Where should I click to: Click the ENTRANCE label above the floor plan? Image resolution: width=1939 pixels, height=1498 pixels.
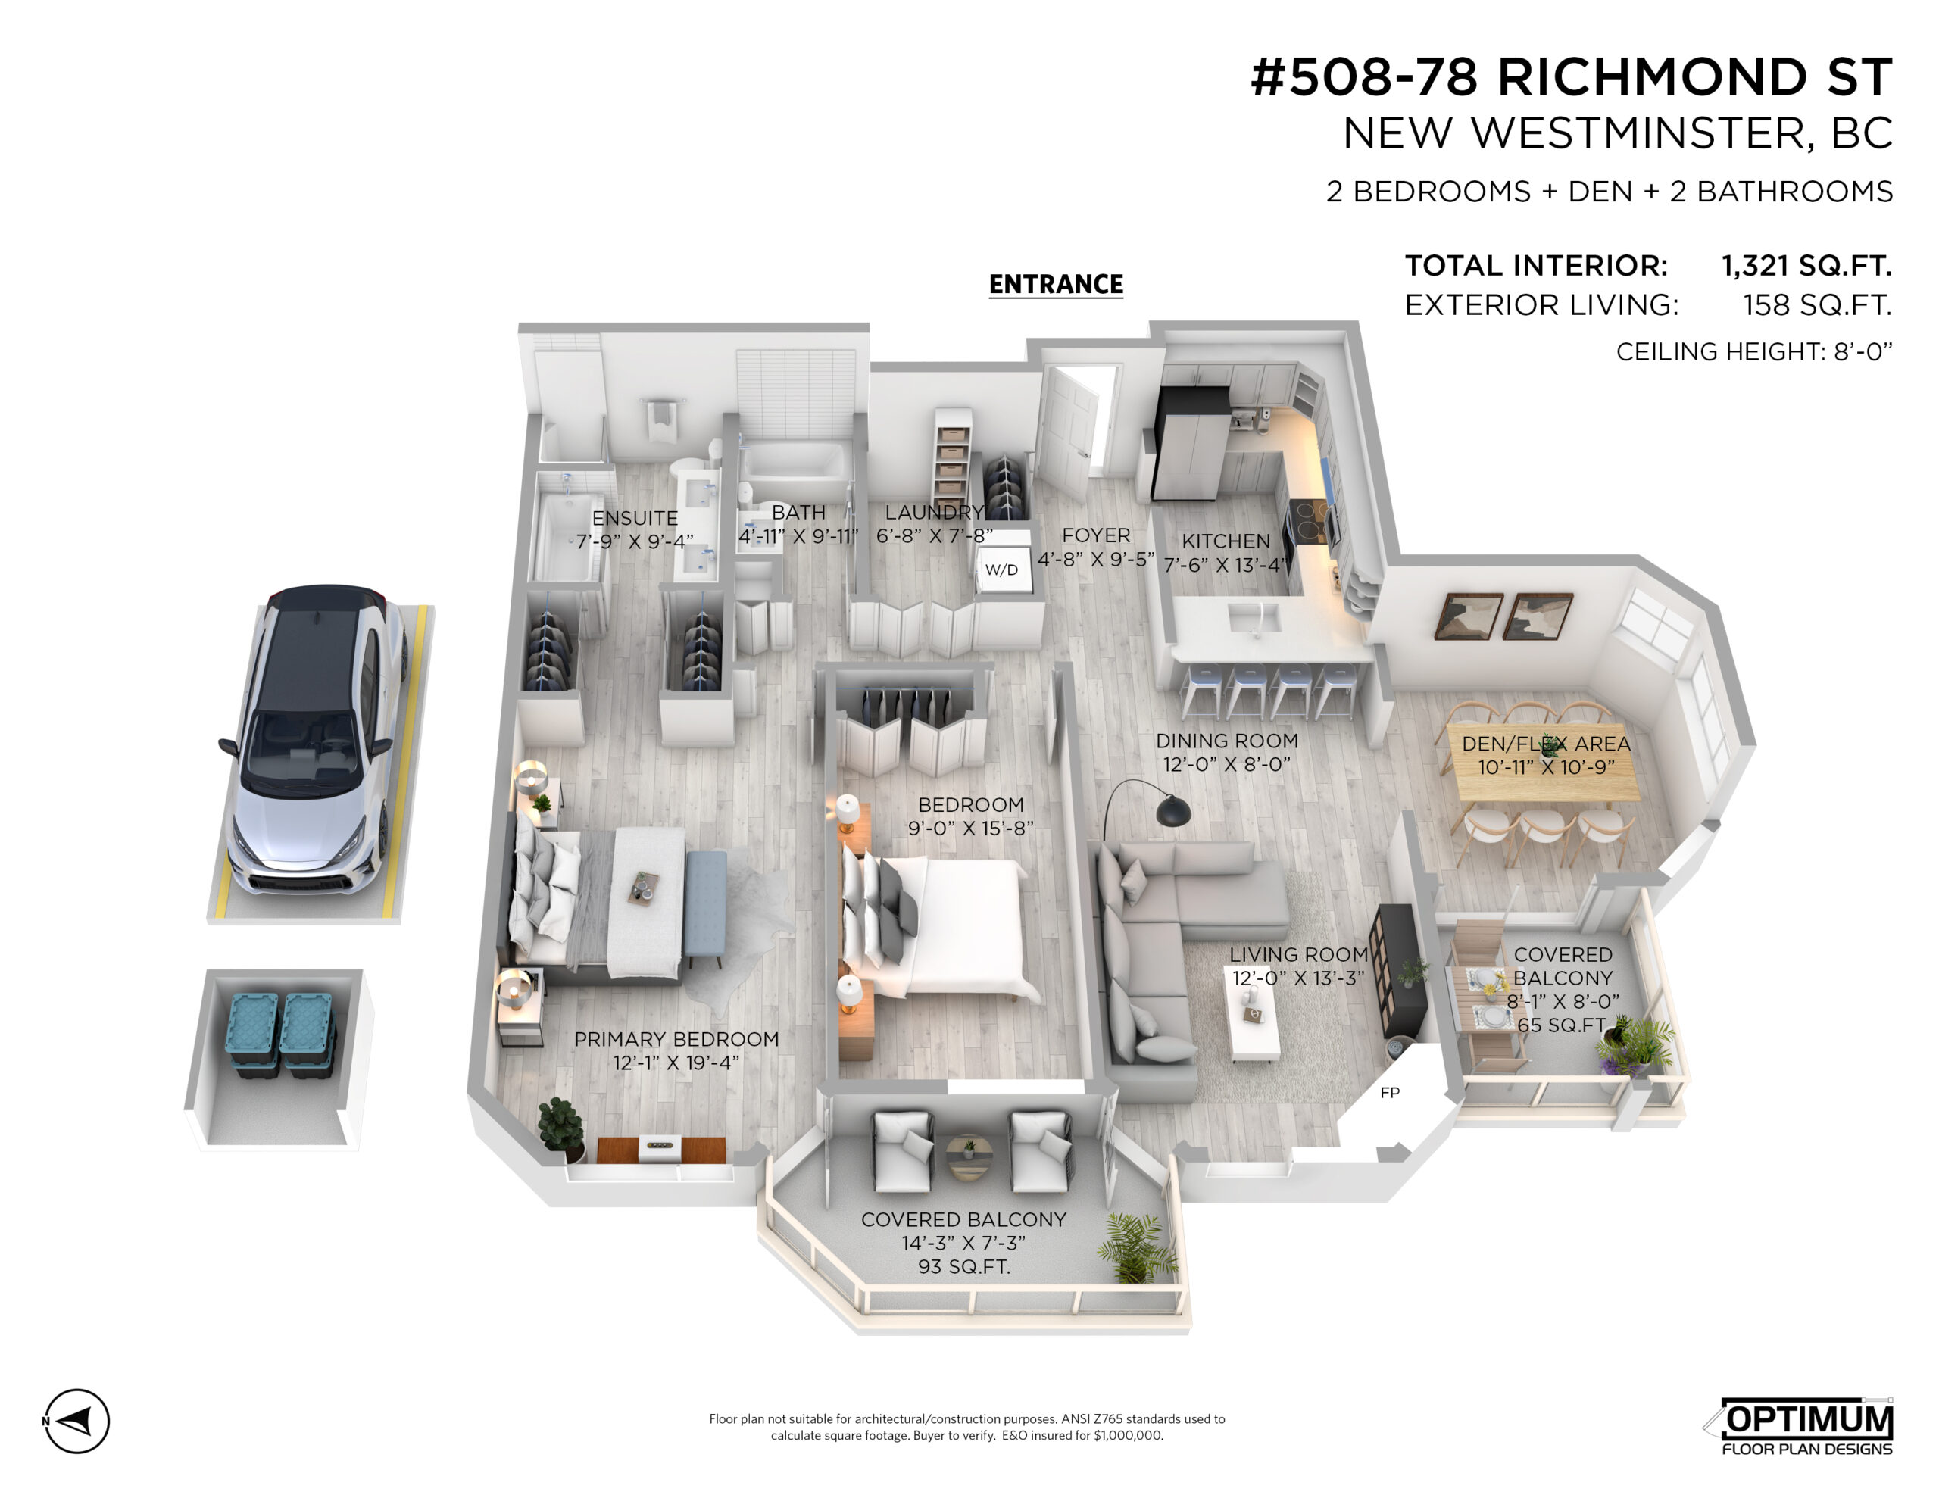[x=1056, y=284]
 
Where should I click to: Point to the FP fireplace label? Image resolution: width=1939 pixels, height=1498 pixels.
[x=1389, y=1092]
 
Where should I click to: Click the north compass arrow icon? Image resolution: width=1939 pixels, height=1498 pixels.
[x=76, y=1421]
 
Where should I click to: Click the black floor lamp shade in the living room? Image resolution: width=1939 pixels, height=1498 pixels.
[x=1172, y=810]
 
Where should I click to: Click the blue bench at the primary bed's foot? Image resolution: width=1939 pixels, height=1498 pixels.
[x=706, y=905]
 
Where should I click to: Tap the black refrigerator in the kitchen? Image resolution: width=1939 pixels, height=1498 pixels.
[x=1190, y=442]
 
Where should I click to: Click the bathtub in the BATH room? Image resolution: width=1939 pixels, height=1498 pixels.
[x=795, y=463]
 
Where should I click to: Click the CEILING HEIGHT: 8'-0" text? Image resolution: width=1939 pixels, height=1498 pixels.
[x=1753, y=351]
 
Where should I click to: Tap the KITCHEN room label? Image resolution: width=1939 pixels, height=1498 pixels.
[x=1226, y=541]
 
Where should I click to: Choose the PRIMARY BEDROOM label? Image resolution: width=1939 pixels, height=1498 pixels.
[x=676, y=1039]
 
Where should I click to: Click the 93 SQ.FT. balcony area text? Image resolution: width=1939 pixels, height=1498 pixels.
[x=963, y=1266]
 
